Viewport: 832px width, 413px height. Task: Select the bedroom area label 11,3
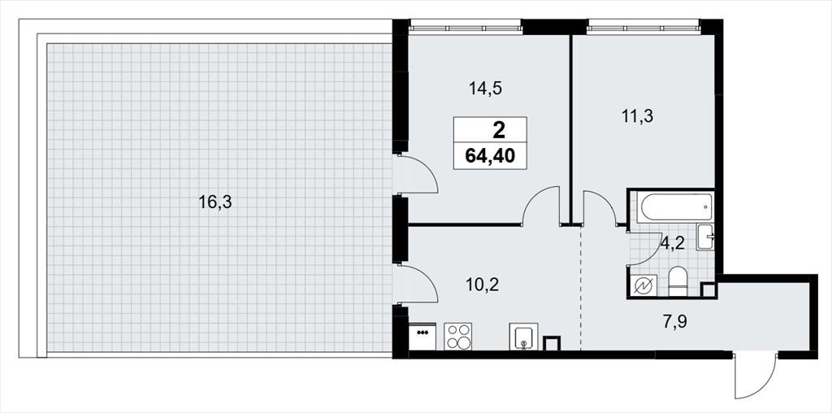[x=637, y=116]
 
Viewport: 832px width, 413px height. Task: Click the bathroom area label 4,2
[x=673, y=243]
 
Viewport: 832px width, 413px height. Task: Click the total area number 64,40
[x=490, y=157]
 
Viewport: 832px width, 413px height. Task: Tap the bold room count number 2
[x=499, y=129]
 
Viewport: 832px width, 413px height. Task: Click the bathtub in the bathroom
[x=675, y=207]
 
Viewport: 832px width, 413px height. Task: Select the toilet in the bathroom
[x=678, y=281]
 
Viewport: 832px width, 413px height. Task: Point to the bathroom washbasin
[x=706, y=237]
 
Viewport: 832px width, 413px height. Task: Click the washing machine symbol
[x=643, y=286]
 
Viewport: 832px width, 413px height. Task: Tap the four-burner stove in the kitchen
[x=457, y=336]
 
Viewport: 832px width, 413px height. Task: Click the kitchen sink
[x=524, y=337]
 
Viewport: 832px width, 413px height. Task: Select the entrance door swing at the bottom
[x=756, y=376]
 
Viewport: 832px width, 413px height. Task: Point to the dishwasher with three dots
[x=422, y=336]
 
